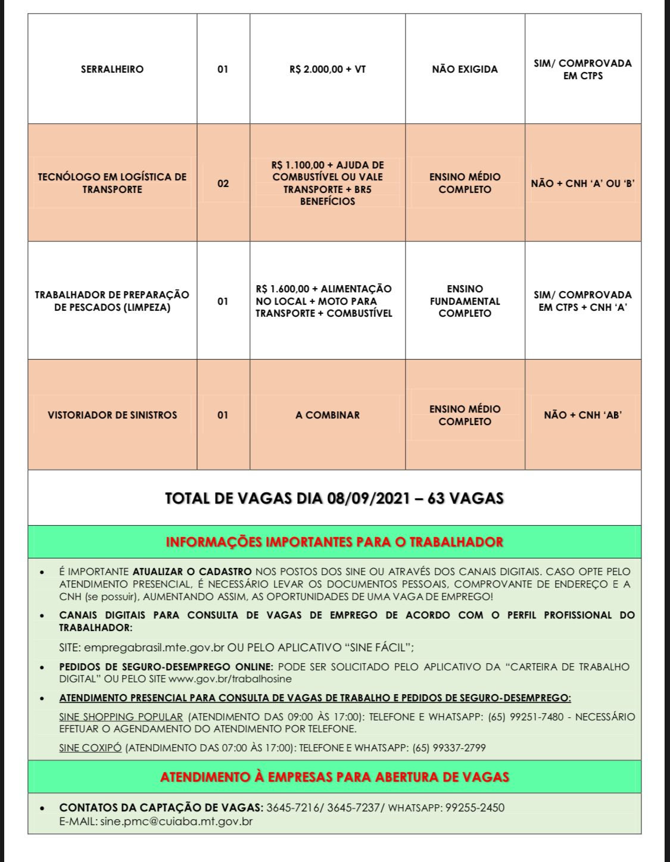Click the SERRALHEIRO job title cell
(x=112, y=69)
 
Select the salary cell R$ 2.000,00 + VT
(x=328, y=69)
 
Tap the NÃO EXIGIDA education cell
(x=465, y=69)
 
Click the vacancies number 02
(x=223, y=183)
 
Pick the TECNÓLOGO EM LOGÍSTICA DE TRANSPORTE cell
(x=112, y=183)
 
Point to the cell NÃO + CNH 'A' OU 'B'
(x=582, y=183)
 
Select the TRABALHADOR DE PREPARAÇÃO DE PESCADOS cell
(x=112, y=301)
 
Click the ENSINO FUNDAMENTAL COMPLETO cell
(x=465, y=301)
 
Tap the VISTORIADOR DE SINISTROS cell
(x=112, y=415)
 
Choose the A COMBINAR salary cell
(x=328, y=415)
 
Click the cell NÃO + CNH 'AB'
(x=582, y=415)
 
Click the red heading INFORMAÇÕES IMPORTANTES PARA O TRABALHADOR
(x=334, y=542)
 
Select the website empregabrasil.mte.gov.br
(x=155, y=647)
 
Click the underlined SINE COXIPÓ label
(x=91, y=748)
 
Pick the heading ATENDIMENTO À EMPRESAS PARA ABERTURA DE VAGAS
(x=334, y=777)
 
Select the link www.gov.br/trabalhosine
(x=230, y=679)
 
